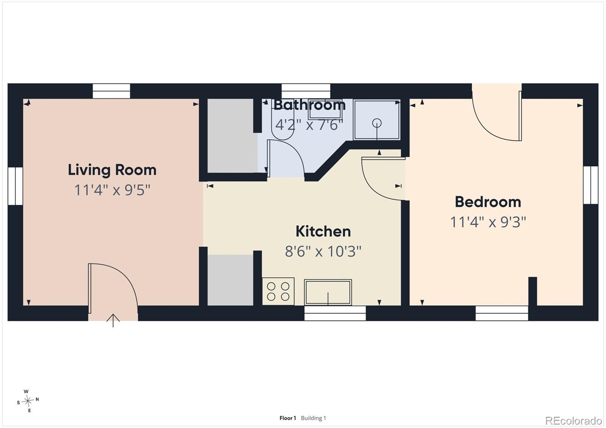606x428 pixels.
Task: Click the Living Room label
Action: [112, 170]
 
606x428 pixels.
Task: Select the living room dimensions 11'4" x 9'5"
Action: [112, 190]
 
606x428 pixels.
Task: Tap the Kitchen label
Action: [323, 232]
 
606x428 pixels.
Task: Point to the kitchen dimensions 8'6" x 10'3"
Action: [323, 251]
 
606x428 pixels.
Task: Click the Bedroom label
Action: [488, 202]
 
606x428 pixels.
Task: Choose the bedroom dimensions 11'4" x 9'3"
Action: [488, 222]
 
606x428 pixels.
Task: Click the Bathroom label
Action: [309, 105]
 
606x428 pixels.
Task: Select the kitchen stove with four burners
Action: [278, 291]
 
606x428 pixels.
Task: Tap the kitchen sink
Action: [328, 293]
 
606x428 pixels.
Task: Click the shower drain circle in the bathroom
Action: [377, 123]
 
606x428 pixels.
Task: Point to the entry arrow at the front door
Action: [113, 321]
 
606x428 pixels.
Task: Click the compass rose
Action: [28, 401]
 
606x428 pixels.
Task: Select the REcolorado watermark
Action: [573, 421]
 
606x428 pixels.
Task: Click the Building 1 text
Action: [313, 418]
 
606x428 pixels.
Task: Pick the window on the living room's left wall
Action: [15, 186]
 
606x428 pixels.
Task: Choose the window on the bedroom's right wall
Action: [590, 185]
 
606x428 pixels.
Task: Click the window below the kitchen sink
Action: [335, 313]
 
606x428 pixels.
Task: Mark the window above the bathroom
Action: [306, 91]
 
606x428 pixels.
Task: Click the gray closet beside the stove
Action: [230, 280]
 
